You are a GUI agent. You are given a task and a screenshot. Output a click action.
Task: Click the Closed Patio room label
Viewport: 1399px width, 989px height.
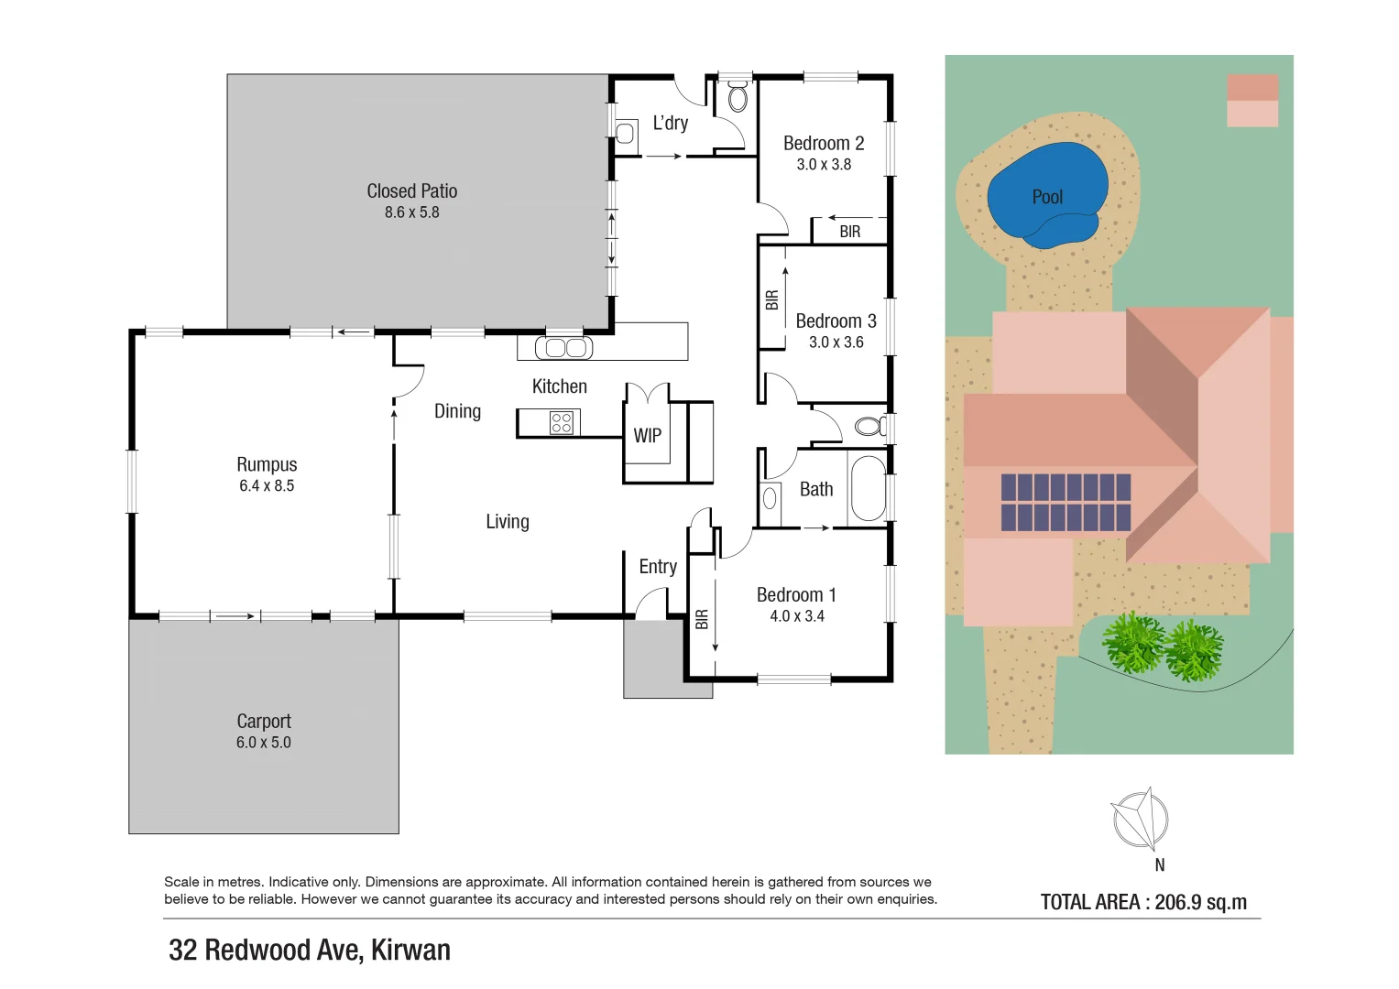[411, 191]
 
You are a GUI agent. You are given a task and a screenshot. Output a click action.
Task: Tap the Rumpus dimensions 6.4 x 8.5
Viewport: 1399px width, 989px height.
[267, 486]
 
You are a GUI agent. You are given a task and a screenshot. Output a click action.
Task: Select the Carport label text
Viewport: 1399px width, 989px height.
[264, 722]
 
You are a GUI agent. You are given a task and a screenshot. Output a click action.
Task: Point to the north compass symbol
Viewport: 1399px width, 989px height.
[1140, 819]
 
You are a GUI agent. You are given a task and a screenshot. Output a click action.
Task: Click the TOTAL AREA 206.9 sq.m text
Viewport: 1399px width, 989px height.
[1143, 902]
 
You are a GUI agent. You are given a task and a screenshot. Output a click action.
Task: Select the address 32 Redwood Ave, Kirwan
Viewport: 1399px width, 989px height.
[310, 951]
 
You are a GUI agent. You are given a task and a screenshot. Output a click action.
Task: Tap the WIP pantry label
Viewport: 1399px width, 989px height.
[647, 436]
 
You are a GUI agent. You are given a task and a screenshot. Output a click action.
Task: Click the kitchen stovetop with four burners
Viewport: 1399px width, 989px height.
[561, 422]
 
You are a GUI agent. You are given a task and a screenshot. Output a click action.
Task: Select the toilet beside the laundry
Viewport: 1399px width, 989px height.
[738, 96]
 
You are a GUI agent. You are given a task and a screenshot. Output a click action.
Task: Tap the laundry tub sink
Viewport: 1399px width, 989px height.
[626, 134]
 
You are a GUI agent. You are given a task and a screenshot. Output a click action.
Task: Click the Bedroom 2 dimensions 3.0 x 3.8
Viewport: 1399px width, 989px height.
[824, 165]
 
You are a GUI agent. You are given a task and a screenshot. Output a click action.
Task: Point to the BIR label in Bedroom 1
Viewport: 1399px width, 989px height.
[702, 620]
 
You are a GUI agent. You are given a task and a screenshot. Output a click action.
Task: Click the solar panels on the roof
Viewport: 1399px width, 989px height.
[1066, 502]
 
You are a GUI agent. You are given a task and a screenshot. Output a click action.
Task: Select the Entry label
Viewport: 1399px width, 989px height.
[658, 567]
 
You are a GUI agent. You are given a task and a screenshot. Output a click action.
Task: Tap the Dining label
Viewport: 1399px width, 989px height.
[457, 411]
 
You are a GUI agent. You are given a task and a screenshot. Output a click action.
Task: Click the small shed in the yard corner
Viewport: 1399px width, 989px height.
[1251, 101]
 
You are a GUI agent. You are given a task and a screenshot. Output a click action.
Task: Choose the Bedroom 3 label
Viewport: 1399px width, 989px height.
[836, 321]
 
